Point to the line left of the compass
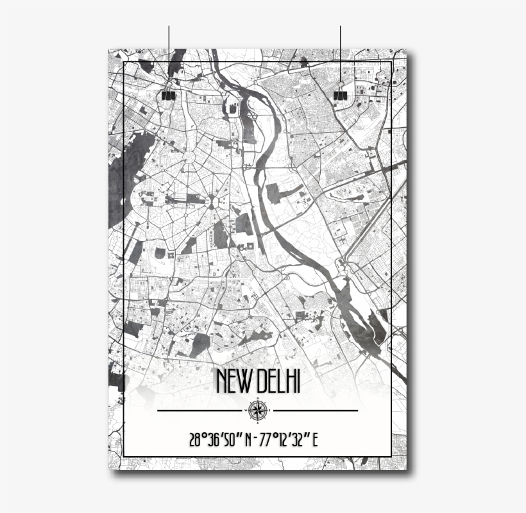point(200,410)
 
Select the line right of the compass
point(315,410)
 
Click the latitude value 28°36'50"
point(217,441)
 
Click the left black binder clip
point(168,94)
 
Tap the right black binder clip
point(340,94)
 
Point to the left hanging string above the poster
point(169,51)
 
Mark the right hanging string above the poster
point(340,51)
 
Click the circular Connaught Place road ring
point(190,156)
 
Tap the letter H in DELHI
point(289,382)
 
